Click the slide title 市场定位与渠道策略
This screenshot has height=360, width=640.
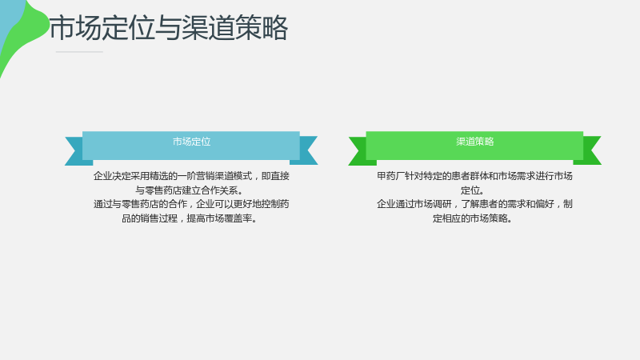pyautogui.click(x=169, y=28)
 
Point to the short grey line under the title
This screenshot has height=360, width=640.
pyautogui.click(x=79, y=52)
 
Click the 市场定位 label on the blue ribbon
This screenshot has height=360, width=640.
pyautogui.click(x=191, y=142)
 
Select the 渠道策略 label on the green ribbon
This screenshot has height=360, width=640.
pyautogui.click(x=475, y=142)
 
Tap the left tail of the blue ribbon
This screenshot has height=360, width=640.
pyautogui.click(x=78, y=151)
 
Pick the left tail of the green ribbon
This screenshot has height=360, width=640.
pyautogui.click(x=362, y=151)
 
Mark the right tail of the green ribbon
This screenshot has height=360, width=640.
pyautogui.click(x=588, y=150)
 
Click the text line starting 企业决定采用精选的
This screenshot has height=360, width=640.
pyautogui.click(x=191, y=176)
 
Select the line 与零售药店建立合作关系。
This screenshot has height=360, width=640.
pyautogui.click(x=190, y=190)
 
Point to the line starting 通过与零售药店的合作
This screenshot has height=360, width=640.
pyautogui.click(x=191, y=204)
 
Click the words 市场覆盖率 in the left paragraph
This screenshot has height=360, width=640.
pyautogui.click(x=228, y=218)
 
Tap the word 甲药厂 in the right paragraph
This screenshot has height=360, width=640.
pyautogui.click(x=390, y=176)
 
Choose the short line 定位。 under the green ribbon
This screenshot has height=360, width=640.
pyautogui.click(x=473, y=190)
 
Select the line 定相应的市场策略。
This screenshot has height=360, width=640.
pyautogui.click(x=473, y=218)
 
